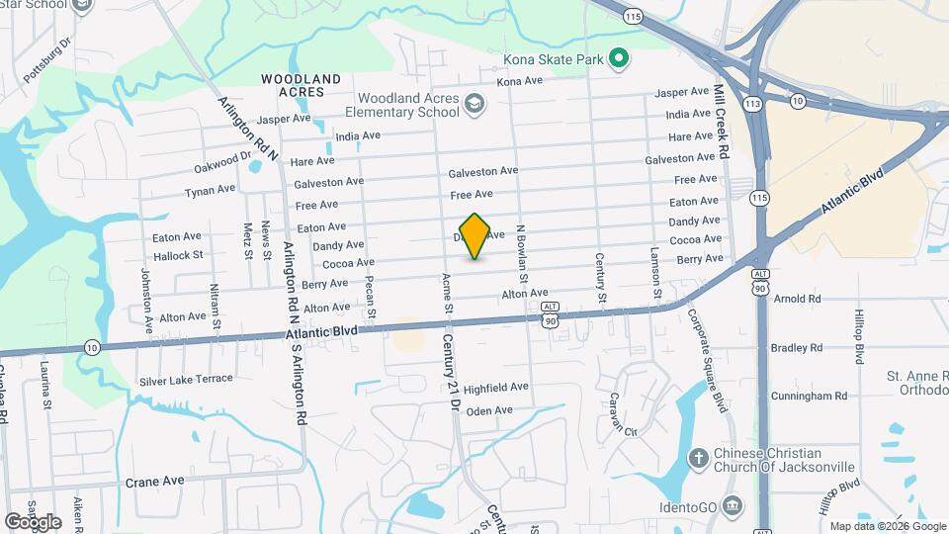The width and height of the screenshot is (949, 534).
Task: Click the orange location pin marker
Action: [x=475, y=235]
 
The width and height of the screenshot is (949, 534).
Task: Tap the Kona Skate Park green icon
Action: [x=619, y=60]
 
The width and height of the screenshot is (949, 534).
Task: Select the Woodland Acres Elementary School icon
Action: [x=475, y=104]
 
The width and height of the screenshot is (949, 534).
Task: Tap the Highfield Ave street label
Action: [x=496, y=388]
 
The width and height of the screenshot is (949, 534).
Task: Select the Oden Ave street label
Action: [x=489, y=410]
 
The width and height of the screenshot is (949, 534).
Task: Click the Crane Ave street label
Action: [x=155, y=482]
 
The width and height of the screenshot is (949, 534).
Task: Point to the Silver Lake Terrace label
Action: [x=186, y=379]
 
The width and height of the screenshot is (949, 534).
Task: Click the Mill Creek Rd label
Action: [x=722, y=123]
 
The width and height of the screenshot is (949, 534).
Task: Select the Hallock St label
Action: [x=178, y=255]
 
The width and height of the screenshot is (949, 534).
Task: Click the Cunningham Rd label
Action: [x=813, y=396]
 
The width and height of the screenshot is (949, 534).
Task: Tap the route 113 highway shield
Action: [x=755, y=103]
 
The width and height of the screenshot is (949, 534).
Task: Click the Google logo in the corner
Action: [x=32, y=521]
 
